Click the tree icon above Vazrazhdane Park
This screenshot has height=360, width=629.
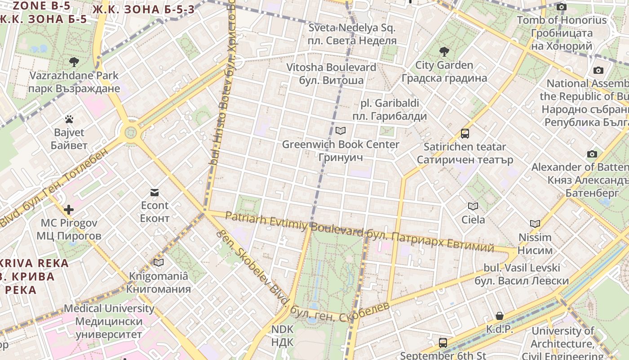[x=74, y=62]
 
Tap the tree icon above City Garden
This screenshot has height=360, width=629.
[x=444, y=51]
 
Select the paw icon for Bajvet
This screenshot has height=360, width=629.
[x=69, y=119]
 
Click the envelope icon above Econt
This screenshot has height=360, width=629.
[x=155, y=193]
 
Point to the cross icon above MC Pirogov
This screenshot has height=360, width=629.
[x=69, y=210]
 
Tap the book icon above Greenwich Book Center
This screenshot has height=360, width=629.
[x=341, y=131]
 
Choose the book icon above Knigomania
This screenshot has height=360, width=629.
[x=158, y=262]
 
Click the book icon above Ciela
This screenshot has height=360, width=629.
[x=473, y=206]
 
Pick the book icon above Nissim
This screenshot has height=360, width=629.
[x=535, y=224]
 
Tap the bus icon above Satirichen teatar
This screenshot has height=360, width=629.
[x=465, y=134]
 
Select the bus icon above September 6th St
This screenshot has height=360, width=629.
[x=443, y=342]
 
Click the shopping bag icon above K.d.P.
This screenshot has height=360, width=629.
[x=499, y=316]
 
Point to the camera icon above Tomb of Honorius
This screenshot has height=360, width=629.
[x=561, y=7]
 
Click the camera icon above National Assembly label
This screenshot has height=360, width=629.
[x=598, y=70]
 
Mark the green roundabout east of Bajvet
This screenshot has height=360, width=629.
[x=130, y=132]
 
